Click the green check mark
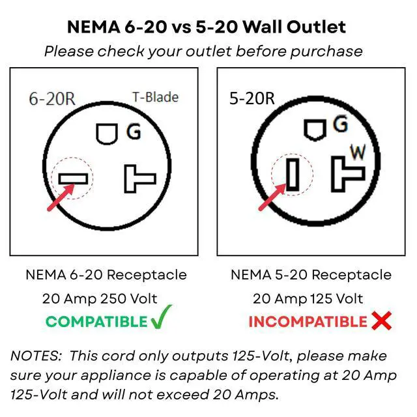pyautogui.click(x=160, y=320)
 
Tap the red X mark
pyautogui.click(x=381, y=321)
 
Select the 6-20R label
pyautogui.click(x=51, y=99)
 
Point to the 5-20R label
pyautogui.click(x=252, y=99)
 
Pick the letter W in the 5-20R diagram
pyautogui.click(x=358, y=152)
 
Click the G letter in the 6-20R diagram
pyautogui.click(x=134, y=132)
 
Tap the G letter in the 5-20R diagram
pyautogui.click(x=340, y=124)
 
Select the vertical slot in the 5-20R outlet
pyautogui.click(x=293, y=174)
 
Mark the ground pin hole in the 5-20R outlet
pyautogui.click(x=315, y=128)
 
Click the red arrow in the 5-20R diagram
pyautogui.click(x=271, y=197)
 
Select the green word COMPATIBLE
pyautogui.click(x=96, y=321)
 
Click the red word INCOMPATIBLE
pyautogui.click(x=308, y=321)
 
